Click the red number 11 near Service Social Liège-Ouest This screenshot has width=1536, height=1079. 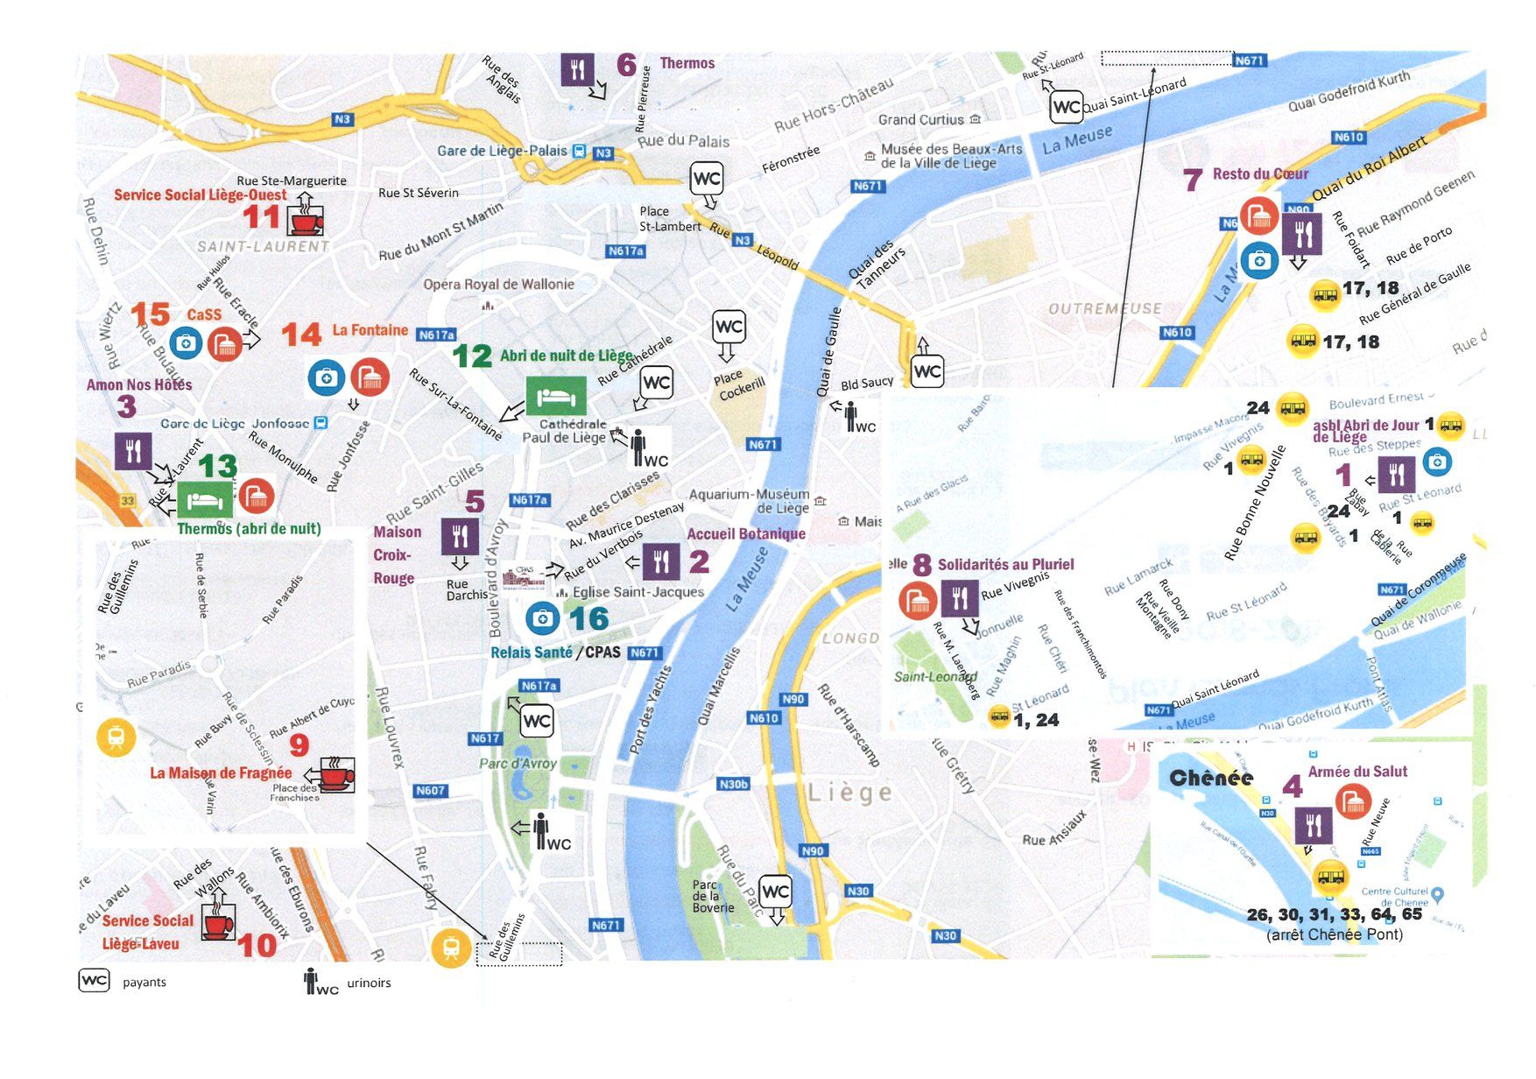tap(261, 217)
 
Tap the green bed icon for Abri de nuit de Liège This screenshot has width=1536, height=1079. tap(555, 397)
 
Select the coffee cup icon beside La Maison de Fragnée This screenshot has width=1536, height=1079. tap(336, 775)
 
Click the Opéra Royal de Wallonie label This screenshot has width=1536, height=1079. tap(498, 284)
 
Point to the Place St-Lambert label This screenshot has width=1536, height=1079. tap(669, 219)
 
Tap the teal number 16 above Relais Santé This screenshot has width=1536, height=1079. tap(588, 619)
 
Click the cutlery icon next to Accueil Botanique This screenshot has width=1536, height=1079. tap(661, 562)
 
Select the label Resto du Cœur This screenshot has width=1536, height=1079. tap(1260, 173)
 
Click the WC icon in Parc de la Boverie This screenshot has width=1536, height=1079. tap(775, 892)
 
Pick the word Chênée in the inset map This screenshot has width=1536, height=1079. tap(1211, 778)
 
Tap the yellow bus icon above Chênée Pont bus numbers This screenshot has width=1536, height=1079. tap(1330, 876)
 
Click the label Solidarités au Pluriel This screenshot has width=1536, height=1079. tap(1005, 564)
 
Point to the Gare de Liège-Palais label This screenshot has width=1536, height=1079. tap(502, 151)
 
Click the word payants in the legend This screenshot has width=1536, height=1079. tap(144, 983)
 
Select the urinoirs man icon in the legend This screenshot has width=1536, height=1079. tap(311, 981)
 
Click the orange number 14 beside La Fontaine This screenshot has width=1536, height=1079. tap(301, 335)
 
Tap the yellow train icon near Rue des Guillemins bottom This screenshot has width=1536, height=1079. tap(451, 949)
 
